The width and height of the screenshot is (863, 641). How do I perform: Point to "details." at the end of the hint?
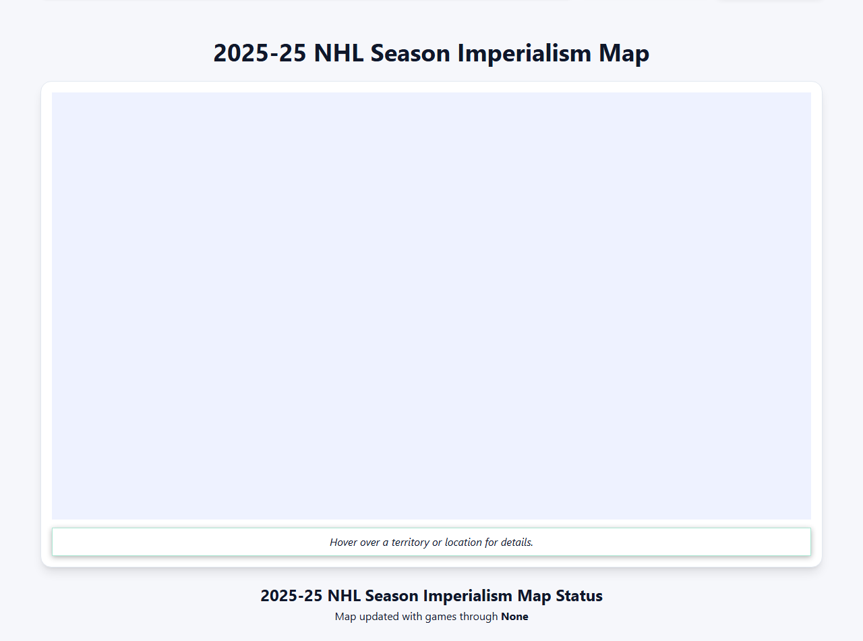(x=516, y=542)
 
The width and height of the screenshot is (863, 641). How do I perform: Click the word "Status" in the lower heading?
(x=578, y=596)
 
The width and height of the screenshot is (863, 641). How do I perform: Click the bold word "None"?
(x=514, y=617)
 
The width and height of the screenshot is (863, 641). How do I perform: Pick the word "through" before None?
(x=479, y=617)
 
